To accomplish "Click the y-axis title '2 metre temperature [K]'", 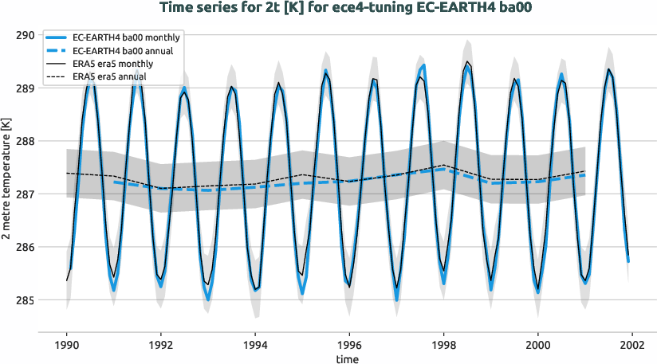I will (7, 181).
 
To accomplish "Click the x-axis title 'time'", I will (347, 359).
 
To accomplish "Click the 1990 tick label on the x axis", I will (67, 346).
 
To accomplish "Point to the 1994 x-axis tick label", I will (255, 346).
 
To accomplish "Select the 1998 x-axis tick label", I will (444, 346).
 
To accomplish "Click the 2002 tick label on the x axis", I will (633, 346).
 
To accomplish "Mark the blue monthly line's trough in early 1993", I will (209, 299).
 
